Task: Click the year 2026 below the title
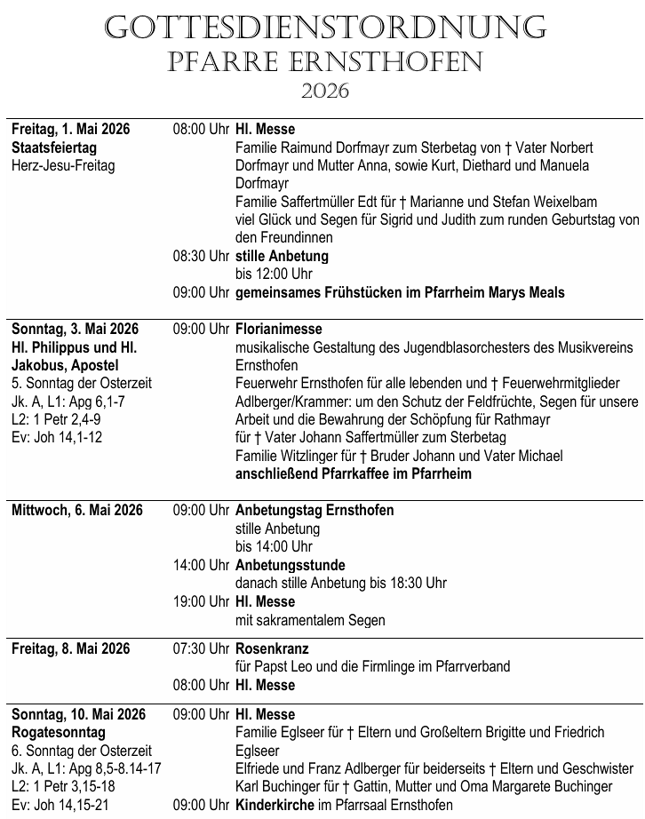click(324, 91)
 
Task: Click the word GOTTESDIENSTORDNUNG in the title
click(324, 28)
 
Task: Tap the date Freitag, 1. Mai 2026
click(71, 130)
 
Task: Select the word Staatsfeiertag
click(54, 147)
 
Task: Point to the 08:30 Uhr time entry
click(202, 256)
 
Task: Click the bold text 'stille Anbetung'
click(282, 256)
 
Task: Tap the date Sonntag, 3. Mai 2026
click(76, 330)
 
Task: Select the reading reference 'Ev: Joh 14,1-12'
click(57, 437)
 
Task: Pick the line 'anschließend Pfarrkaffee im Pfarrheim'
click(353, 473)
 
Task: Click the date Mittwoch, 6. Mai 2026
click(77, 511)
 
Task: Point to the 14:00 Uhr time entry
click(202, 565)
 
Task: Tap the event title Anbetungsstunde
click(291, 565)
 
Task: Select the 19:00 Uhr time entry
click(202, 602)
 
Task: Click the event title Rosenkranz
click(272, 649)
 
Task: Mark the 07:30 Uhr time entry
click(202, 649)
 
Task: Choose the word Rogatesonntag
click(59, 733)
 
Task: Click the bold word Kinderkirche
click(275, 805)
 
